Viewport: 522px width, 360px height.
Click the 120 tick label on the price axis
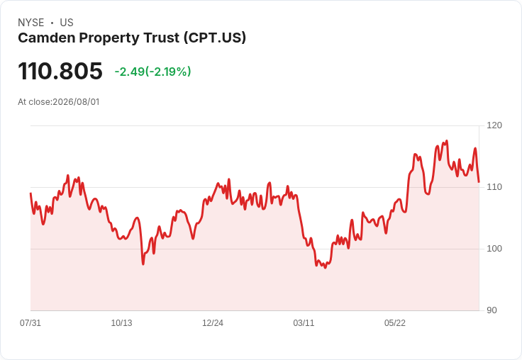[494, 125]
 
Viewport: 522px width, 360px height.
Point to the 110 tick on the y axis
[494, 187]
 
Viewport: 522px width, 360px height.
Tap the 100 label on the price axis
[494, 249]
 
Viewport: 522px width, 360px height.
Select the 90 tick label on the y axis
[492, 310]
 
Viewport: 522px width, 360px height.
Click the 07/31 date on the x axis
[30, 323]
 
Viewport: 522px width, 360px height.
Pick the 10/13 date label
[121, 323]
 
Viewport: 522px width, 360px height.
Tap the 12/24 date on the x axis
[213, 323]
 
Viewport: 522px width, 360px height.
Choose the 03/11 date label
[304, 323]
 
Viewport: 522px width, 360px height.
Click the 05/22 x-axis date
[395, 323]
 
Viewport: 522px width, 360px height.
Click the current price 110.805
[60, 71]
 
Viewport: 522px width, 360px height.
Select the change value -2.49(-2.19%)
[152, 72]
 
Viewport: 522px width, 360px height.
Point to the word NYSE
[31, 23]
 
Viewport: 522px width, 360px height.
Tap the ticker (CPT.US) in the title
[215, 38]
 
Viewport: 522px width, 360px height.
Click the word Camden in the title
[47, 38]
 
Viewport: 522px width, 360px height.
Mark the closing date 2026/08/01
[76, 102]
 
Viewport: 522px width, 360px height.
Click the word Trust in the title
[162, 38]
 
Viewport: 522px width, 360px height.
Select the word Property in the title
[109, 38]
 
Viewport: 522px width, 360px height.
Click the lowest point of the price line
[326, 268]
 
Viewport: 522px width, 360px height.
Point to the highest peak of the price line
[447, 141]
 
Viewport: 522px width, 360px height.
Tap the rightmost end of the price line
[479, 182]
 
